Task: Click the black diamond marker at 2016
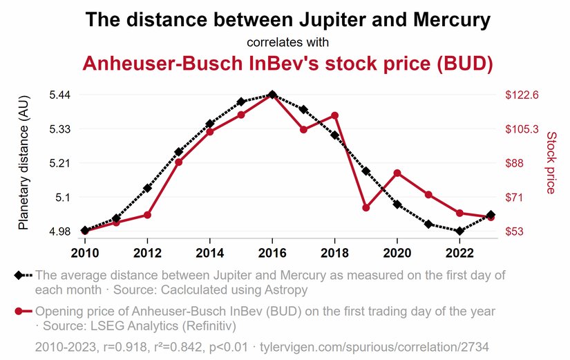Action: [272, 95]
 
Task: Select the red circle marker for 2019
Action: [366, 207]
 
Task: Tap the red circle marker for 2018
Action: [334, 115]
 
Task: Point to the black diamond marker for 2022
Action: [459, 231]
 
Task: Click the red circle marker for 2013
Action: [178, 162]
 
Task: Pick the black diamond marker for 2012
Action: [147, 188]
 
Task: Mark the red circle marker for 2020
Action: [397, 173]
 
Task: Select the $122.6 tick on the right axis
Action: [522, 95]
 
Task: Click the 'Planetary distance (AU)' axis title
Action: [23, 163]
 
